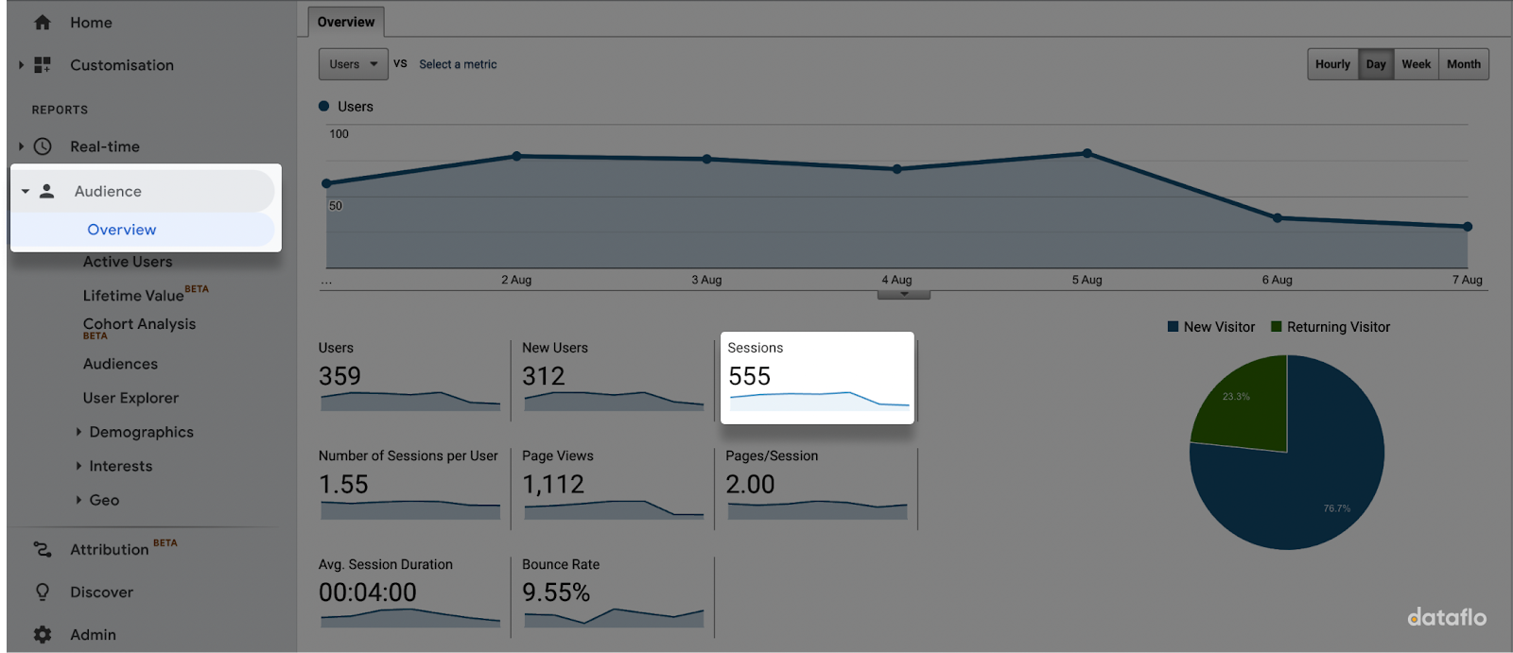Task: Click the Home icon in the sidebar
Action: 43,23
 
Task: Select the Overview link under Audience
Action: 122,230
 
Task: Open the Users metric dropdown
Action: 353,64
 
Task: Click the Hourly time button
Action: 1332,64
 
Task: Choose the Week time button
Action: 1416,64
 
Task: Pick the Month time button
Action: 1463,64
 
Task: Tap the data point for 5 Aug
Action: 1087,153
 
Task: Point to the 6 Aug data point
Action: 1278,217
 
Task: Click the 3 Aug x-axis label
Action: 706,280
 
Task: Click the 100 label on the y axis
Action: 339,134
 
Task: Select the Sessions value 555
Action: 750,376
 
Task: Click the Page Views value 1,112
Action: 553,485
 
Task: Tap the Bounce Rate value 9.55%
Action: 556,593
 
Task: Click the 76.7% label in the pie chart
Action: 1336,508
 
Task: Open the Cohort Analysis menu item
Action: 139,324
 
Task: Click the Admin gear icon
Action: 43,635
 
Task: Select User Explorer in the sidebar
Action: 130,398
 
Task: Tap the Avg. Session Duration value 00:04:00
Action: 368,593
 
